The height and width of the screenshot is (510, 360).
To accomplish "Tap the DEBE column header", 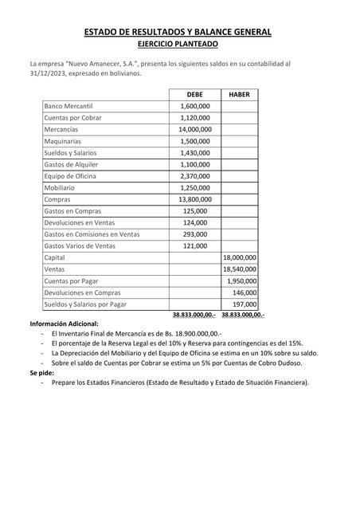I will click(194, 93).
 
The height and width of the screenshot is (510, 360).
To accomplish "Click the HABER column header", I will click(239, 93).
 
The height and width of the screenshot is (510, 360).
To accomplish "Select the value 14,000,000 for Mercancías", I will click(194, 128).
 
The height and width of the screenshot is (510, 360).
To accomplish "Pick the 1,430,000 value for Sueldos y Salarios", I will click(195, 152).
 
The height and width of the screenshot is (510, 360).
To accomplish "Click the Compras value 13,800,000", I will click(194, 199).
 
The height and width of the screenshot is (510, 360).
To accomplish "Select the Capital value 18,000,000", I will click(240, 258).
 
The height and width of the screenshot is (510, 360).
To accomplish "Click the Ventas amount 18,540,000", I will click(240, 270).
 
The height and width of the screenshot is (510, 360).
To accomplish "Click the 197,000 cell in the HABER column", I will click(244, 304).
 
